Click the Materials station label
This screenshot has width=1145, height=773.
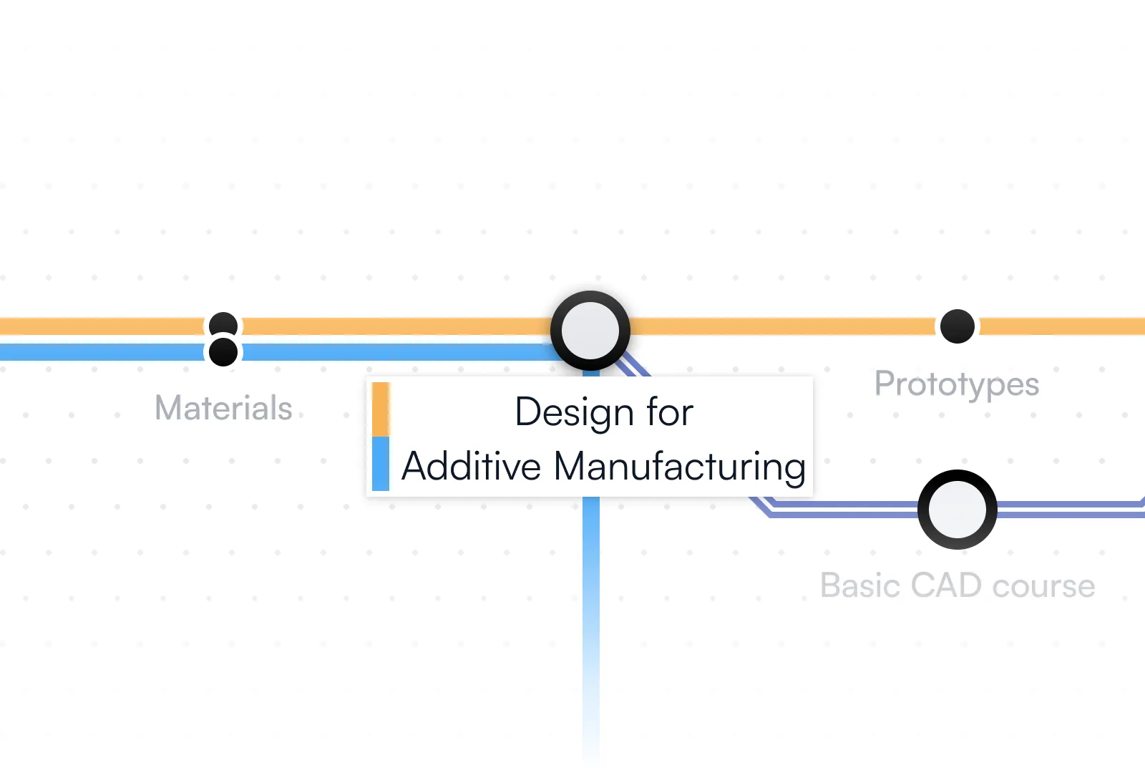click(x=223, y=408)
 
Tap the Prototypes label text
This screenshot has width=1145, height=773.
click(x=957, y=384)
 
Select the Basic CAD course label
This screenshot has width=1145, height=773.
click(x=957, y=585)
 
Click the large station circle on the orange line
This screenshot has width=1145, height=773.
click(x=590, y=330)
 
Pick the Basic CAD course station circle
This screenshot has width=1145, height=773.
click(x=957, y=510)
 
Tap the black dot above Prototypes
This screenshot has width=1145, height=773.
click(x=957, y=326)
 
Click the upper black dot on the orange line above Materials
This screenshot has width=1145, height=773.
click(x=223, y=324)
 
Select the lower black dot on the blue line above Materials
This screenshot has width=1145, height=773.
click(x=223, y=352)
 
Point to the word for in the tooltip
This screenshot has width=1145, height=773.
click(x=670, y=413)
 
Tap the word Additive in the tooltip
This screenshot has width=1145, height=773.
click(x=471, y=467)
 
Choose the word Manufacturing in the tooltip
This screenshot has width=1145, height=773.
click(x=680, y=467)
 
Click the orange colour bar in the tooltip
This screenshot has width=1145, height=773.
click(x=381, y=409)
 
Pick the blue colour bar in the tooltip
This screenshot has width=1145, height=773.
click(x=381, y=464)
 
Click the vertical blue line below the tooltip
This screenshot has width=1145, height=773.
click(x=591, y=573)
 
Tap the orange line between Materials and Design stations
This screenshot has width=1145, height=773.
click(x=394, y=326)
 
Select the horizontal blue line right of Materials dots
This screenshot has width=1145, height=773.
click(x=394, y=352)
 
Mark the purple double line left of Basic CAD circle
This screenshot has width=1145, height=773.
click(x=844, y=509)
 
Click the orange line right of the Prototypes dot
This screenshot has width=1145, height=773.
click(x=1059, y=326)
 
